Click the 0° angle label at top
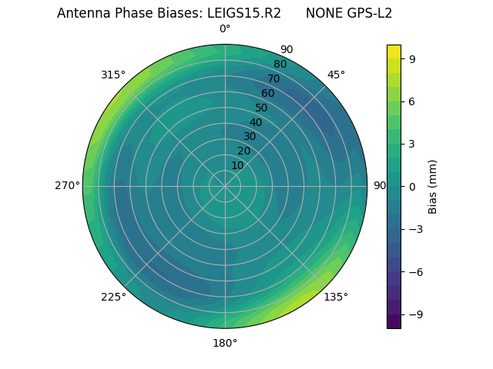pos(225,29)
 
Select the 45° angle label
pos(336,75)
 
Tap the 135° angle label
pos(336,298)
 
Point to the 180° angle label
pos(225,343)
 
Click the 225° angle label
pos(113,298)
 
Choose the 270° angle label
pos(67,186)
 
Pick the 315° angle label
pos(113,75)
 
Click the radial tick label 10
pos(237,165)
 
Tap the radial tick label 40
pos(256,122)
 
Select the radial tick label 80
pos(280,64)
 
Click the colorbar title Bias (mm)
pos(433,186)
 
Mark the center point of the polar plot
pos(225,186)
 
